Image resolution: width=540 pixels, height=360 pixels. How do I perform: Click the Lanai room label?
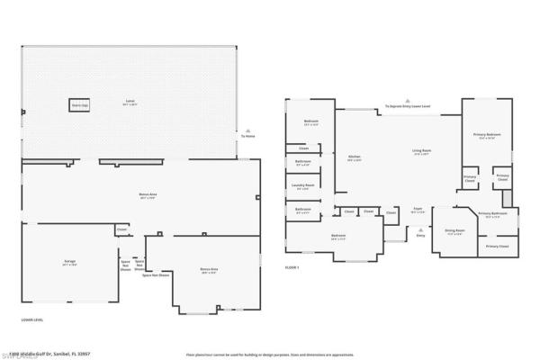tap(131, 101)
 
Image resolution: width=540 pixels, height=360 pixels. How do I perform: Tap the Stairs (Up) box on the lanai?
tap(79, 104)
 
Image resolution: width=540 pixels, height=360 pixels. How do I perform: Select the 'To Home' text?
tap(247, 136)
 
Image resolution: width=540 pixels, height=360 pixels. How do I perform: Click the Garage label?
tap(69, 262)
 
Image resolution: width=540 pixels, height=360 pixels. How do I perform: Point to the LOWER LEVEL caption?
tap(32, 319)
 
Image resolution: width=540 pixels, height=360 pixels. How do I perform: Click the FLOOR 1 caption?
tap(292, 267)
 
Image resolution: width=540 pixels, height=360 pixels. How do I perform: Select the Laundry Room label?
tap(302, 187)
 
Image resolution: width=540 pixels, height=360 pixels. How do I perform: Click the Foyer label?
tap(418, 210)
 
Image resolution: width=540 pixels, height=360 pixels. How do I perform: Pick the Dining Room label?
tap(454, 230)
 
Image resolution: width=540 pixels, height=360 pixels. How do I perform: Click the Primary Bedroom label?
tap(487, 136)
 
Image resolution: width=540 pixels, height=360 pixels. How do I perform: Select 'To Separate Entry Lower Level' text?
tap(408, 106)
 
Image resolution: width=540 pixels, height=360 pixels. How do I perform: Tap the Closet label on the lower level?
tap(121, 230)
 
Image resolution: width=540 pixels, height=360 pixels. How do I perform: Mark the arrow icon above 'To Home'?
tap(247, 129)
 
